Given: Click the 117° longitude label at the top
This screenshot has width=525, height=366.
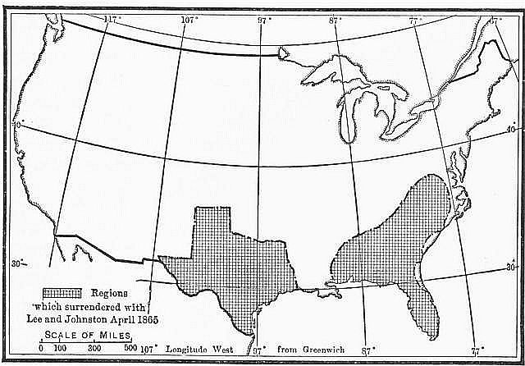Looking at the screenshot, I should [111, 17].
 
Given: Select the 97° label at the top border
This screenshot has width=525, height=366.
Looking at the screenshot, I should [265, 18].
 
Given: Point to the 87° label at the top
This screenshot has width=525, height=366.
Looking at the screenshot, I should [335, 18].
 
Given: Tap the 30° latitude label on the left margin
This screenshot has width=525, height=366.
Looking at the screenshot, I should [18, 263].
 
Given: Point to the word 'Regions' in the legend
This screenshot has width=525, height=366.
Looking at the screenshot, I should [109, 293].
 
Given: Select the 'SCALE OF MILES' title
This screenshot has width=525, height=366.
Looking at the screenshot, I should [80, 335].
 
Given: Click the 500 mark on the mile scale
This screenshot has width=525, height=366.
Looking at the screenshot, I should [130, 349].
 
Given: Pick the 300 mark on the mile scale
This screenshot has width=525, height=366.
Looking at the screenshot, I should [95, 349].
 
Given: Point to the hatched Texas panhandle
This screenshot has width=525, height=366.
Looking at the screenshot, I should [211, 226].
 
